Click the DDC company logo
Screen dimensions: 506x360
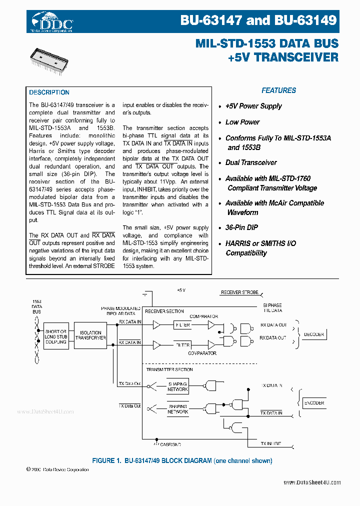[x=52, y=22]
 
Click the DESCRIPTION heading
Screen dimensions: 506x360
[x=49, y=92]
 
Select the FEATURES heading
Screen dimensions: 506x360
[x=278, y=90]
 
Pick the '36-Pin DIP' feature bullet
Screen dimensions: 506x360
[x=241, y=227]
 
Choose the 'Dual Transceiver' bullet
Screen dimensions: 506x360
[x=250, y=162]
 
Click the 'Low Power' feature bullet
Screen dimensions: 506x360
[x=242, y=122]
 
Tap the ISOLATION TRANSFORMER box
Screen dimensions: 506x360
[x=90, y=335]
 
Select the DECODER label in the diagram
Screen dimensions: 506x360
[x=313, y=334]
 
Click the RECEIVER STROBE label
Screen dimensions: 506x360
[x=240, y=292]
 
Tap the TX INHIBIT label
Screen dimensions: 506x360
[x=270, y=443]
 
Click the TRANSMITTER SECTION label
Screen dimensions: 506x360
[x=169, y=369]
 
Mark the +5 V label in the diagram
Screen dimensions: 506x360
[x=181, y=290]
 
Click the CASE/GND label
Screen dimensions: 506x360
[x=170, y=444]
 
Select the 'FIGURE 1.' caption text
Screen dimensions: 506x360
[x=108, y=460]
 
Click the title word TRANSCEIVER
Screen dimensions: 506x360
[x=296, y=57]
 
